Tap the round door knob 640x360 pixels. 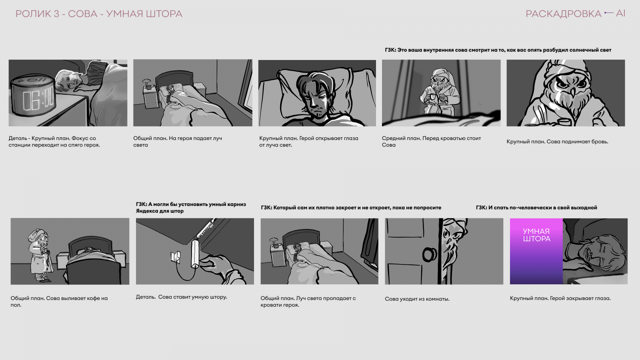[x=429, y=254]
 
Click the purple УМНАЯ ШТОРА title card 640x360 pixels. [x=536, y=251]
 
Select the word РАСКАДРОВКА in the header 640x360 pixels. [x=564, y=14]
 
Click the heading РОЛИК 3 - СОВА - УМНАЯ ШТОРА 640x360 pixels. [x=99, y=14]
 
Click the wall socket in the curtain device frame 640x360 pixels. [x=176, y=257]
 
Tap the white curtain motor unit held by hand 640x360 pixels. [x=196, y=254]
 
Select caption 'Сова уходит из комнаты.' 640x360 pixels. [x=417, y=299]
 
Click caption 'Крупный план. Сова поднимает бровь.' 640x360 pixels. [x=557, y=142]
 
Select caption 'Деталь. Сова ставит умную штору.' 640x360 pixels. [x=182, y=297]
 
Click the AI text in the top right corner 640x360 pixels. [x=620, y=13]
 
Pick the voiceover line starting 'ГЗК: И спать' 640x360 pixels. [x=536, y=208]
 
